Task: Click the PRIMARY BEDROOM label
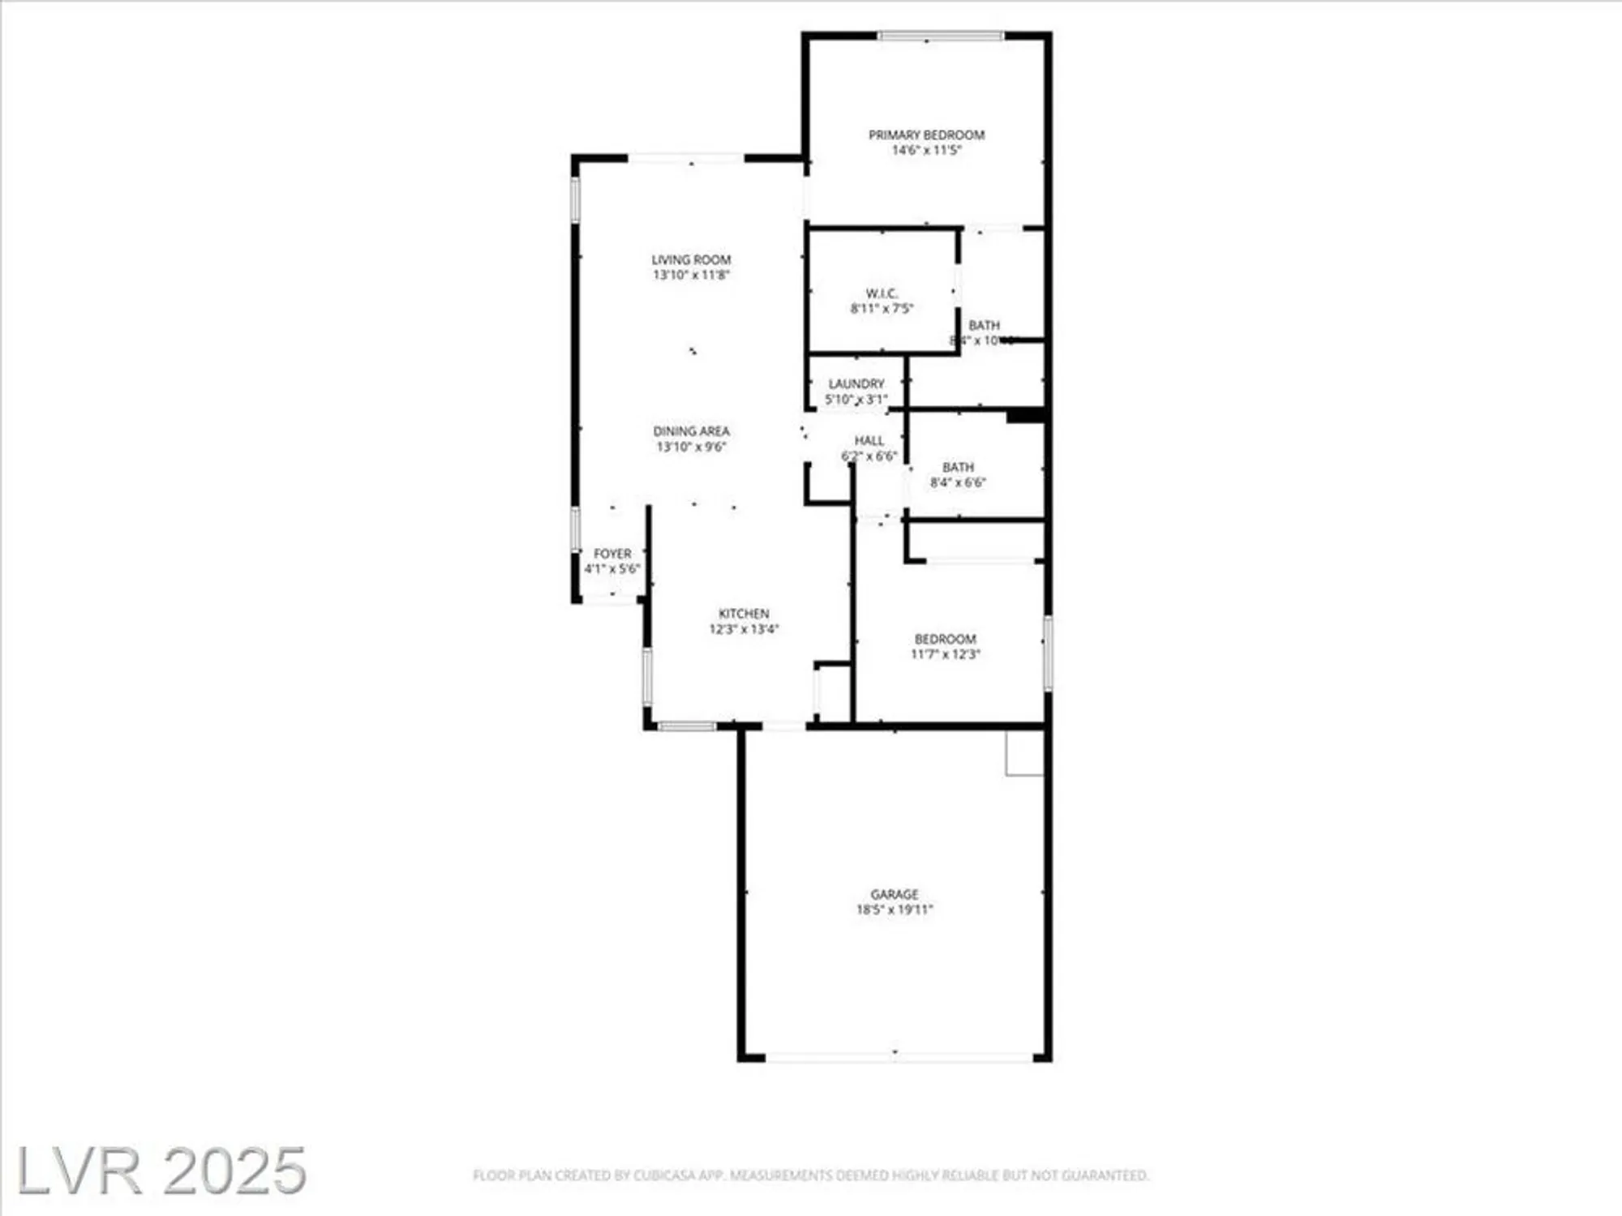tap(926, 135)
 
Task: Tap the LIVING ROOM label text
tap(691, 259)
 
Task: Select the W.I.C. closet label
tap(882, 293)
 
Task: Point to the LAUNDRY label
tap(856, 383)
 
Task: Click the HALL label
tap(869, 440)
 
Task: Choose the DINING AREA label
tap(691, 431)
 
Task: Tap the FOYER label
tap(612, 554)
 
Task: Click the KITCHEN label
tap(744, 614)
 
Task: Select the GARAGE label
tap(895, 894)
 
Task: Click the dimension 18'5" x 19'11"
tap(895, 910)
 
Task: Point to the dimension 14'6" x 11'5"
tap(926, 150)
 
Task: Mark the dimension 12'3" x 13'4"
tap(744, 629)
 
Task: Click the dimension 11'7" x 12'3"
tap(945, 654)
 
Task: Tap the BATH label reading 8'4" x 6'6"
tap(958, 468)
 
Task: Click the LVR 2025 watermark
tap(161, 1170)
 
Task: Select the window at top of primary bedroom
tap(941, 36)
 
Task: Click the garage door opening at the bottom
tap(899, 1057)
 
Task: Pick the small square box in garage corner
tap(1023, 753)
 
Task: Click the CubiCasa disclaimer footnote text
tap(810, 1175)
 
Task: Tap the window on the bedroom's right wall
tap(1047, 653)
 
